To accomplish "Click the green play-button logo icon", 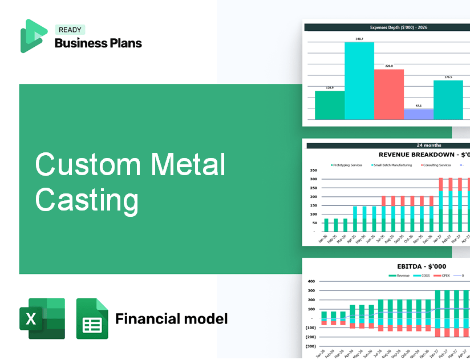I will click(x=33, y=36).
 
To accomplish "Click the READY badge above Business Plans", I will click(x=70, y=30).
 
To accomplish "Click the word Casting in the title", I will click(x=87, y=200).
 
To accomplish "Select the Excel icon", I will click(x=42, y=318).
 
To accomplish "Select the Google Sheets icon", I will click(x=92, y=318).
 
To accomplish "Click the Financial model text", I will click(x=171, y=318).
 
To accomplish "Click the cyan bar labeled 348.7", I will click(x=359, y=80).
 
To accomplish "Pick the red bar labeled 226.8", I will click(x=388, y=94).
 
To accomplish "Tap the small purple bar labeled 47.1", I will click(x=418, y=114).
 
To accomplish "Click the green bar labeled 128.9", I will click(x=330, y=105).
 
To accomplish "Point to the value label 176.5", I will click(x=448, y=77).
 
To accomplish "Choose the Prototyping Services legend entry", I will click(x=347, y=165).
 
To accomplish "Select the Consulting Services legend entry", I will click(x=437, y=165).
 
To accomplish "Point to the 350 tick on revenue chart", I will click(x=313, y=170).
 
